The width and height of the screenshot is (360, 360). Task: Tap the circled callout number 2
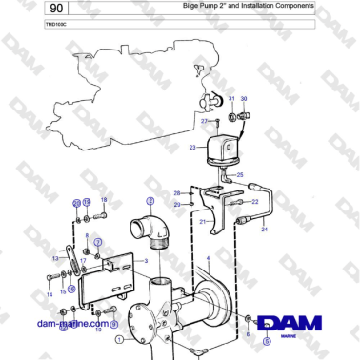(x=150, y=201)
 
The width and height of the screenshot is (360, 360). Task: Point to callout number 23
(x=192, y=148)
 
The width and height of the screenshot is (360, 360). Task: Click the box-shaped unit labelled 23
(x=217, y=150)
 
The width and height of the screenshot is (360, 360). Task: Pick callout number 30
(x=243, y=99)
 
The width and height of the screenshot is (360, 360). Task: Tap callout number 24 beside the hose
(x=265, y=230)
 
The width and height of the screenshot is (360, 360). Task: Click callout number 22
(x=255, y=202)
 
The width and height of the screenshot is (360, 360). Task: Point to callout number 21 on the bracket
(x=203, y=220)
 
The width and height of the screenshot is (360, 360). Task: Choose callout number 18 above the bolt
(x=104, y=199)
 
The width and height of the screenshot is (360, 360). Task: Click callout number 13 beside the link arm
(x=55, y=258)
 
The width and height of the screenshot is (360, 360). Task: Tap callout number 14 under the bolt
(x=50, y=295)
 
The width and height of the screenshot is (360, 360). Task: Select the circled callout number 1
(x=119, y=339)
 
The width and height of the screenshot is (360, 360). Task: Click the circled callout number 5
(x=268, y=339)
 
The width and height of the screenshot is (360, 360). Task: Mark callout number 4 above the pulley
(x=209, y=258)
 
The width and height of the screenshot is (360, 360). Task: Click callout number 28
(x=177, y=193)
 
